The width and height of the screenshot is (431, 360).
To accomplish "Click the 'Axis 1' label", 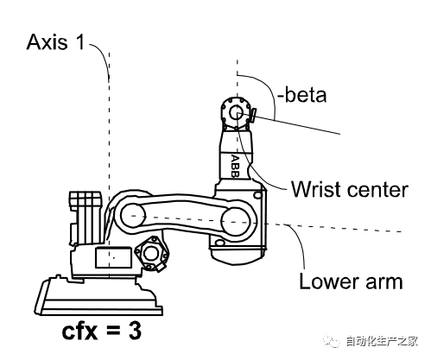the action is [55, 42].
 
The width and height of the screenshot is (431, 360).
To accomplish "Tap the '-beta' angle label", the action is [301, 95].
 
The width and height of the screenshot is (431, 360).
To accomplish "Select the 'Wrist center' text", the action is [350, 189].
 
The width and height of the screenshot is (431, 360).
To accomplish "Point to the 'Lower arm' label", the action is [351, 281].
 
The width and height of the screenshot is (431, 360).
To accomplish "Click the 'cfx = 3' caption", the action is [102, 332].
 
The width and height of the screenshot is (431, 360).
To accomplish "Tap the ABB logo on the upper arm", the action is [235, 167].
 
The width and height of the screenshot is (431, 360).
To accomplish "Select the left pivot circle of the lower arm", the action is [132, 216].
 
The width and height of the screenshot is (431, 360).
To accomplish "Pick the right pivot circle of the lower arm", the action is [236, 221].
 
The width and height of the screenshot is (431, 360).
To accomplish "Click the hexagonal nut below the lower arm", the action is [151, 254].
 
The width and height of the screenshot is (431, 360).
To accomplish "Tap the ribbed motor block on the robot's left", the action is [86, 218].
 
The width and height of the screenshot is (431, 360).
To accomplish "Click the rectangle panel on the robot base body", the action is [114, 258].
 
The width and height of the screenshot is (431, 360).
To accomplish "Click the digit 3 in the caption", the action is [135, 332].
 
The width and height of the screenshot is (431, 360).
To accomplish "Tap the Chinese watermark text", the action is [382, 342].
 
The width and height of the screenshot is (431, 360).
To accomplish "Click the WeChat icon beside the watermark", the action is [332, 341].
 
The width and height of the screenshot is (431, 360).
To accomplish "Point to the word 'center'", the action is [378, 190].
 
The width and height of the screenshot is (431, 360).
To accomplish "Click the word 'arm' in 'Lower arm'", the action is [384, 283].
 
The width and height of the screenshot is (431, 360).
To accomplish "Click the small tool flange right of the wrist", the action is [254, 116].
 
